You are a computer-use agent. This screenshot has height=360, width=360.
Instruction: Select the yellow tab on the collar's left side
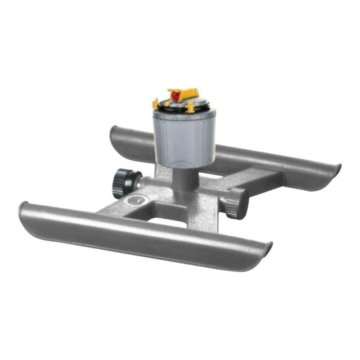158,102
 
